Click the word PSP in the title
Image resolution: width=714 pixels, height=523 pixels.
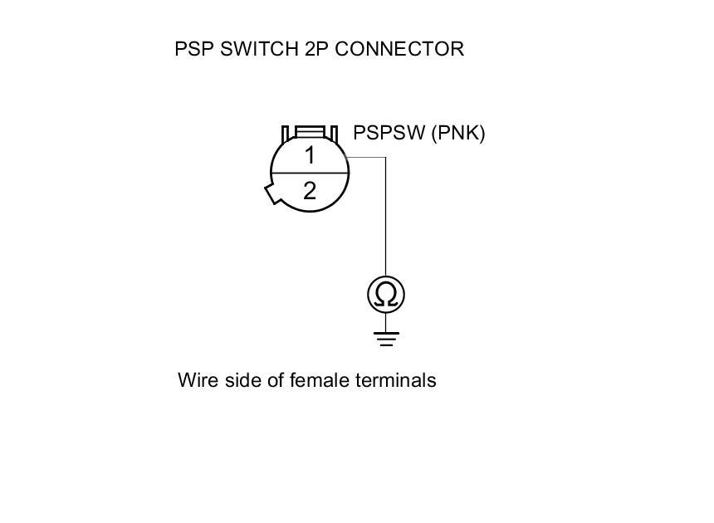pos(190,49)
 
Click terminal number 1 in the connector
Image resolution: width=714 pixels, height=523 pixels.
pos(310,155)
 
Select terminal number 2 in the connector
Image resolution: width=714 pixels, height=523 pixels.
pos(310,192)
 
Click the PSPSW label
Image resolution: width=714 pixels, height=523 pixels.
pos(389,133)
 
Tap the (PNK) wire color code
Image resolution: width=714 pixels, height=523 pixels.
pos(457,133)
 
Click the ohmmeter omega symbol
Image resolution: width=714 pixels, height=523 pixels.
pos(386,295)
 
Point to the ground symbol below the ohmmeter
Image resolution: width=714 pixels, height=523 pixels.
pos(386,338)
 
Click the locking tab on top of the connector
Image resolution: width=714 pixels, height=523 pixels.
pos(310,132)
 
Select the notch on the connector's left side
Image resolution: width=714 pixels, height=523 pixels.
pos(272,193)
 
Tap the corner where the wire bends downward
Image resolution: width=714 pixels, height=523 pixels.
pos(385,158)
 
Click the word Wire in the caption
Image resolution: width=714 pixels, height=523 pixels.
pos(196,380)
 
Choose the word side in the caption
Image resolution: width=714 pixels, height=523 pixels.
pos(240,380)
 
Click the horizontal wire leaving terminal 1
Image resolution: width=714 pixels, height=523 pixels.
pos(365,158)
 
